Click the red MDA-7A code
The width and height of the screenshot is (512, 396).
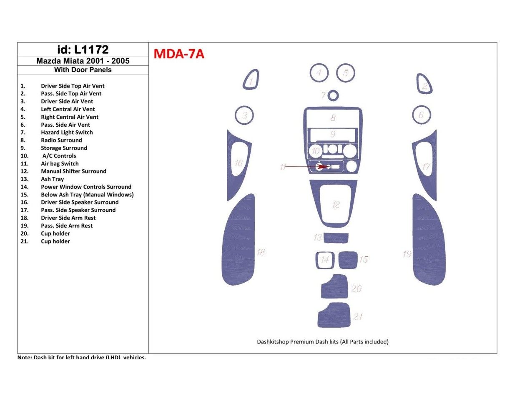tap(179, 54)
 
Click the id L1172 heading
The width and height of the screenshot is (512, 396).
tap(83, 50)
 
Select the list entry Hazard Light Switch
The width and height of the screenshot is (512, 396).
tap(67, 133)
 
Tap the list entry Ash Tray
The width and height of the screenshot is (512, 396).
tap(52, 179)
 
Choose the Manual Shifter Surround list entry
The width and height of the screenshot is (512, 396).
tap(73, 171)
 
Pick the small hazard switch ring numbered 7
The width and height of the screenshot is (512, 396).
tap(333, 96)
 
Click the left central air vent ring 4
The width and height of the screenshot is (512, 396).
tap(319, 73)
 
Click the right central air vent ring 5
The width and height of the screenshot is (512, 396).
tap(346, 73)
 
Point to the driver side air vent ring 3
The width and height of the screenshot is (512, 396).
tap(245, 115)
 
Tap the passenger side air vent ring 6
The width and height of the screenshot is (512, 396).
tap(421, 115)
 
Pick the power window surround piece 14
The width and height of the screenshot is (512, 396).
tap(324, 260)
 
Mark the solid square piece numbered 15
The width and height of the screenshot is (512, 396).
tap(347, 260)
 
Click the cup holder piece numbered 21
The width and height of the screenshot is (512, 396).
tap(334, 316)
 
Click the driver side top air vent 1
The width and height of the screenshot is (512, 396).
tap(251, 80)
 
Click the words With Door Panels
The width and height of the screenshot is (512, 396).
tap(83, 70)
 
